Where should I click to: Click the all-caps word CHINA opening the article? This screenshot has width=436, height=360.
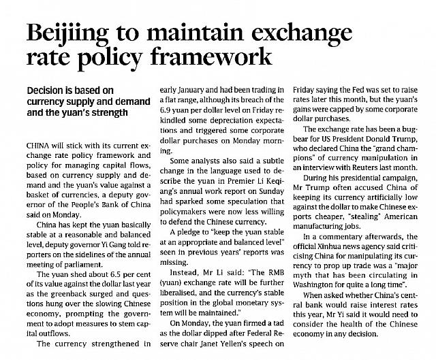37,146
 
